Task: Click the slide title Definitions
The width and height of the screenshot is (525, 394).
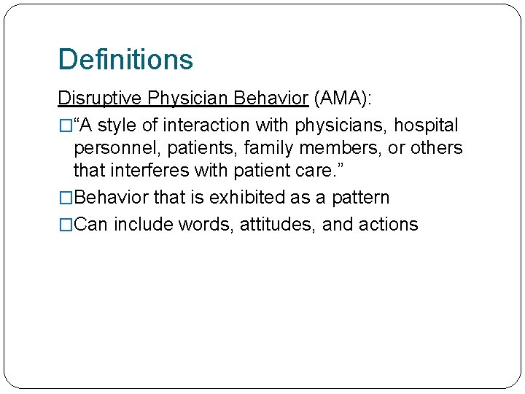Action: [x=125, y=59]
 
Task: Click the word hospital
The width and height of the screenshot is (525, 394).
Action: [x=426, y=125]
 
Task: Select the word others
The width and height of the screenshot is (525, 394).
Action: [x=436, y=148]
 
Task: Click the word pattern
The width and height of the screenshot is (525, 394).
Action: [x=361, y=198]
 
